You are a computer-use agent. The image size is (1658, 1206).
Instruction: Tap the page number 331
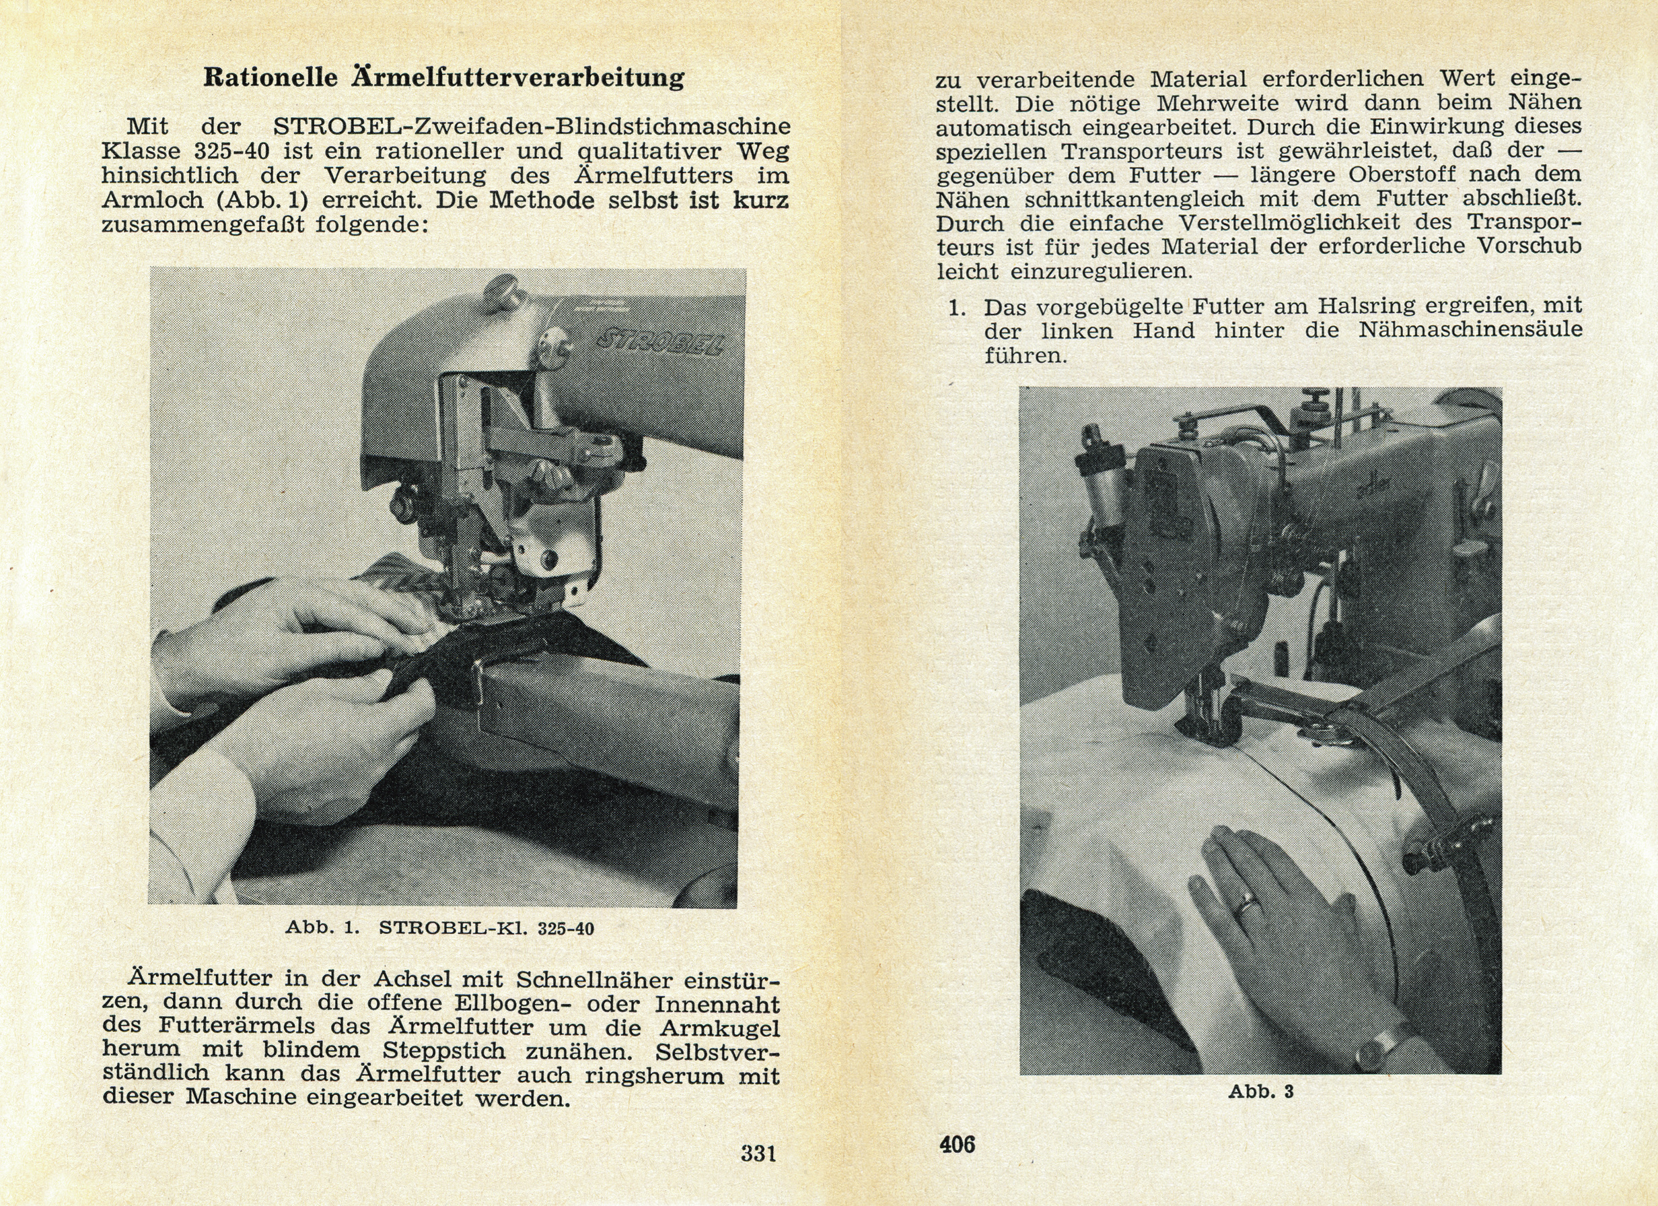tap(758, 1153)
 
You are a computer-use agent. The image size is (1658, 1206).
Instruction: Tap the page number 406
tap(958, 1144)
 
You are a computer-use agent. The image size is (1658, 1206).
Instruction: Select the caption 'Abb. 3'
tap(1260, 1092)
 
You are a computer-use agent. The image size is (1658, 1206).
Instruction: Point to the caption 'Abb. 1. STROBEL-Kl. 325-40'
tap(439, 929)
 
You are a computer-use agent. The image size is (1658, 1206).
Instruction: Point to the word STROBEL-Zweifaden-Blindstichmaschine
tap(532, 127)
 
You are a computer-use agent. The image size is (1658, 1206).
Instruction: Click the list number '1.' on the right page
tap(958, 307)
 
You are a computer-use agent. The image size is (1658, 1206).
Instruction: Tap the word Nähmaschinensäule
tap(1470, 331)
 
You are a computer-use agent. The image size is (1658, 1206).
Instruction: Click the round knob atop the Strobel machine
tap(505, 287)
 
